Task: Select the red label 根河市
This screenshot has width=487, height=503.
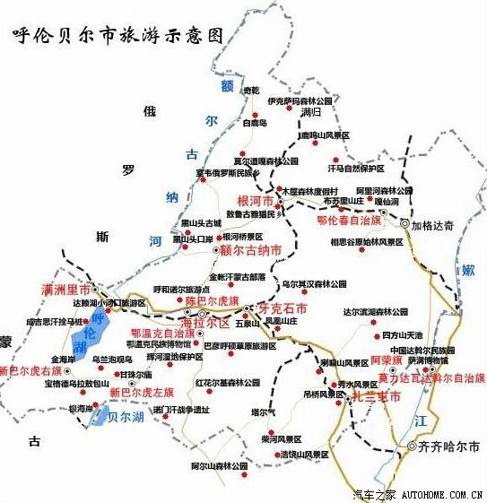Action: coord(254,200)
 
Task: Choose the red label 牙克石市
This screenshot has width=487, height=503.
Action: coord(283,308)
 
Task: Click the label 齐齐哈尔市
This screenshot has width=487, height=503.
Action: coord(449,446)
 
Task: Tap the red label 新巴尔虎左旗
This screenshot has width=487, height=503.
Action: coord(141,392)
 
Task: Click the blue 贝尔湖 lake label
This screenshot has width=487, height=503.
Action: coord(126,417)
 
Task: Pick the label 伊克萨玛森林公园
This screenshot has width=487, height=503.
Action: coord(300,101)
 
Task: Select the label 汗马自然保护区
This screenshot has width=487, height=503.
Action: coord(355,168)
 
